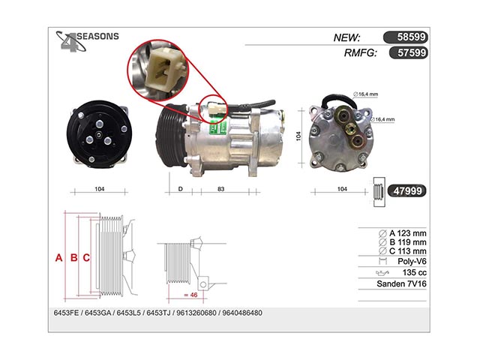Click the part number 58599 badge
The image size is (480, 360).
pos(405,37)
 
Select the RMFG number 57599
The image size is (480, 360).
pos(408,52)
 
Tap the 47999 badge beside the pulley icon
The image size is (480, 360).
pos(406,191)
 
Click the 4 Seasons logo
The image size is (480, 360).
pos(87,40)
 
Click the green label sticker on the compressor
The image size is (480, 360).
pos(218,127)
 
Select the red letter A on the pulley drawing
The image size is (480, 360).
pos(58,258)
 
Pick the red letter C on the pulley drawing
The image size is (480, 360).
pos(86,258)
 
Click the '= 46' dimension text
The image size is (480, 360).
pos(190,295)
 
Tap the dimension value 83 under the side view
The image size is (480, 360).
pos(221,189)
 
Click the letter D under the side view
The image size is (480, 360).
pos(180,189)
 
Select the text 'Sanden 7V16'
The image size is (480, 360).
pos(401,283)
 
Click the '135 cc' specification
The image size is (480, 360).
pos(414,272)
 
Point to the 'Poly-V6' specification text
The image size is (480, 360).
pos(412,262)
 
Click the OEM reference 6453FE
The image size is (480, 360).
pos(66,313)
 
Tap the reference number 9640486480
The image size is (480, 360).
pos(242,313)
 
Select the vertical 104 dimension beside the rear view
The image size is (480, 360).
pos(298,136)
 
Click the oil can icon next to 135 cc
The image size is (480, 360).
pos(382,272)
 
